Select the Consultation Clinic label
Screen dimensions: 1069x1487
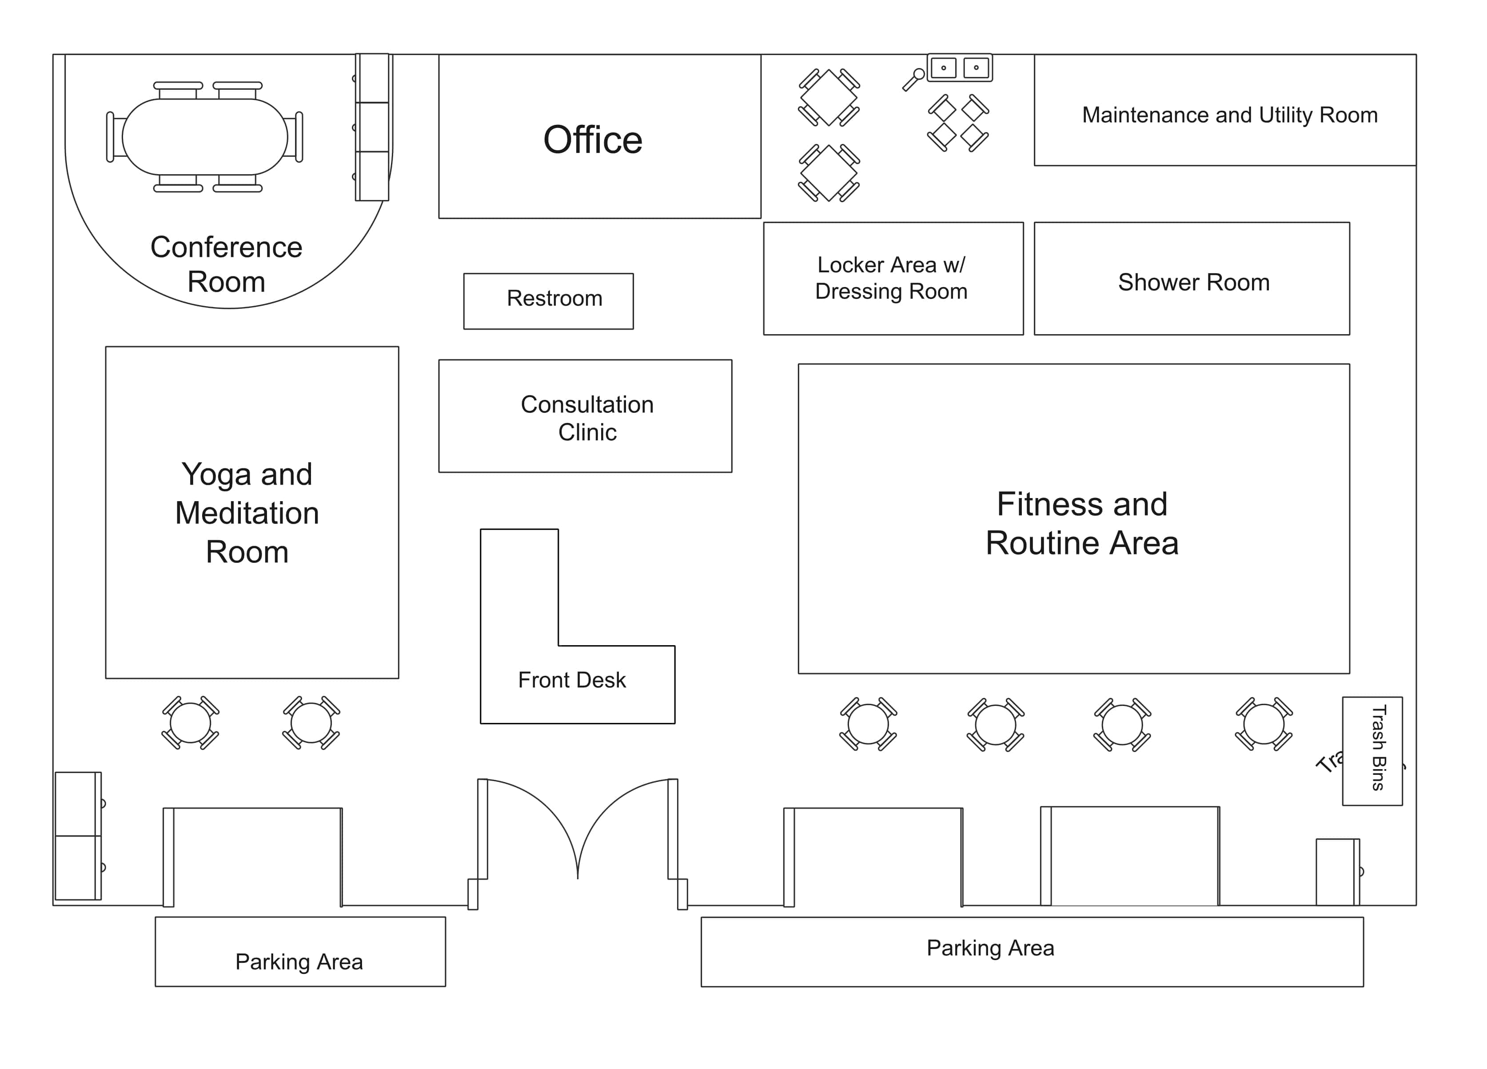tap(587, 418)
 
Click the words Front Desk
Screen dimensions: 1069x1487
tap(572, 680)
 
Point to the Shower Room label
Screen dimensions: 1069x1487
tap(1193, 283)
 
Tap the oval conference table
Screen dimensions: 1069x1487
tap(204, 137)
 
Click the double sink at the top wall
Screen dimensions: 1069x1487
tap(960, 68)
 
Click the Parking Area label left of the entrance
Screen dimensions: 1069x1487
tap(299, 961)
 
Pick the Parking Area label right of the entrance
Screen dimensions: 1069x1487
tap(990, 948)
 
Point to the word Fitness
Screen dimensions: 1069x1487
tap(1048, 504)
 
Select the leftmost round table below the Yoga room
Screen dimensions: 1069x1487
tap(190, 723)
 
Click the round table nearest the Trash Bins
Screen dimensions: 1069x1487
tap(1264, 724)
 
